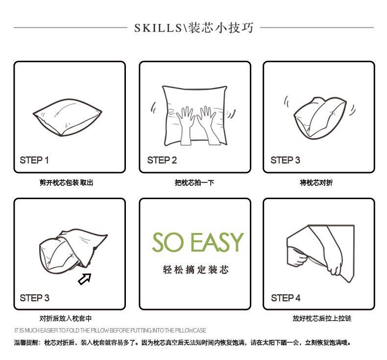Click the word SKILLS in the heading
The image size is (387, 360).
pos(158,27)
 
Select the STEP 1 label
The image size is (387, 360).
pos(34,160)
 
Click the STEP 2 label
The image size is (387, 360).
pos(162,160)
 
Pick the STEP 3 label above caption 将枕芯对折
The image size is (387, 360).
pos(285,160)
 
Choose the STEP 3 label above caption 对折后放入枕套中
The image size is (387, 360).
pos(34,298)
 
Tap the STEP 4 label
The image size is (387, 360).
pos(286,298)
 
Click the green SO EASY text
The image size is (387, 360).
pos(197,242)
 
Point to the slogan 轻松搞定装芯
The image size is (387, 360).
pos(195,270)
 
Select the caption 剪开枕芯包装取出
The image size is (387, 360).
pos(66,183)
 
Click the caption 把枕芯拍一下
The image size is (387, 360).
pos(194,183)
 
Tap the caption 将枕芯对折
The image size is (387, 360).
pos(316,183)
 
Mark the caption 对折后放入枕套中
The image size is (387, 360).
pos(66,319)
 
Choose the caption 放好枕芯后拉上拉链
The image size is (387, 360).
pos(322,319)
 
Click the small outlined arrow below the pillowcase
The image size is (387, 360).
pos(85,279)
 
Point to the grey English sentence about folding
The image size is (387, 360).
pos(110,331)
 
